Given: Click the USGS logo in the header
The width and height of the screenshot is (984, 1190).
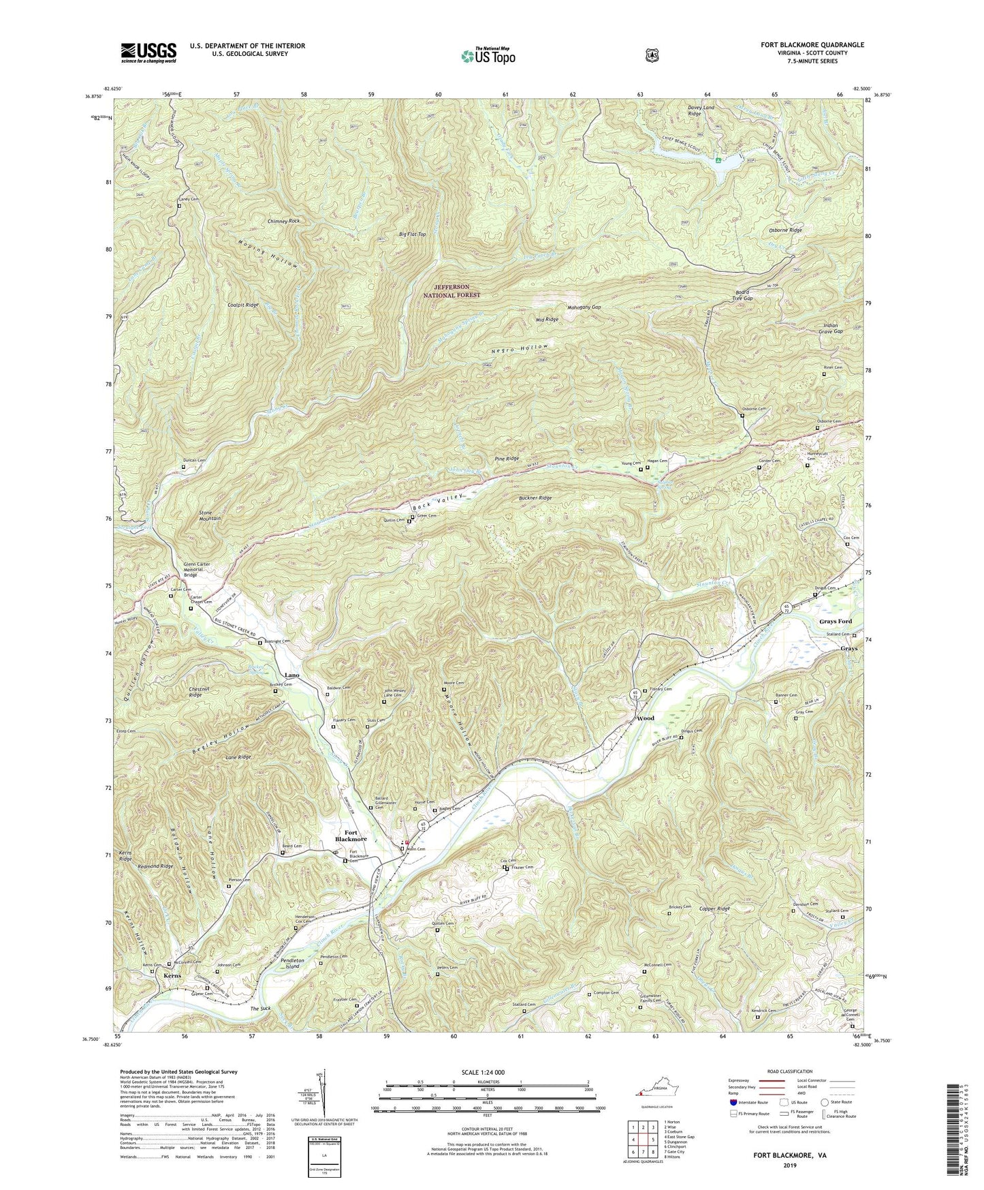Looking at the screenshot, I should (148, 52).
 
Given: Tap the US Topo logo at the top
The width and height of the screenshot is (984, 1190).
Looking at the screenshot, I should (488, 56).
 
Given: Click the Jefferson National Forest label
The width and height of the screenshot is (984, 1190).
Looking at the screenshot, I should (457, 291).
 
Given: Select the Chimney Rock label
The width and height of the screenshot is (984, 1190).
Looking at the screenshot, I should (284, 222).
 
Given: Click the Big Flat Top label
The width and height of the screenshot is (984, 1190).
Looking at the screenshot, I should (412, 234).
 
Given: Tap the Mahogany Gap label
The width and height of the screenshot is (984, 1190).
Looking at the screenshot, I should (584, 307).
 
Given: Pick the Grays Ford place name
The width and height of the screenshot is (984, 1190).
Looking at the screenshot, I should (835, 622).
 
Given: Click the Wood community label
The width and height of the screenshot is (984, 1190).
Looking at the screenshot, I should (645, 718).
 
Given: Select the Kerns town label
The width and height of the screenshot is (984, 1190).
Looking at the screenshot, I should (172, 976).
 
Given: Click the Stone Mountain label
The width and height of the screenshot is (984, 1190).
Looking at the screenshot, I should (210, 515).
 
